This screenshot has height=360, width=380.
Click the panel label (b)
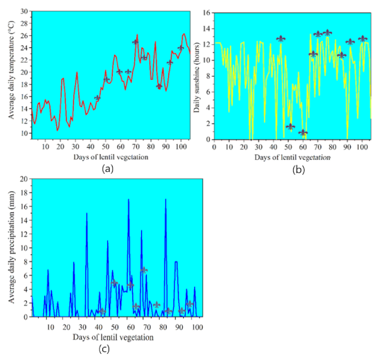(x=298, y=169)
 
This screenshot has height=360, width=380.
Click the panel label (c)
(x=104, y=349)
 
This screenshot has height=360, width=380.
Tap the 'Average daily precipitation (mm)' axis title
(x=12, y=248)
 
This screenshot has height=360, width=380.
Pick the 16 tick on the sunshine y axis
(x=207, y=12)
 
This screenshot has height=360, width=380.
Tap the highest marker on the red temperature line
(x=135, y=42)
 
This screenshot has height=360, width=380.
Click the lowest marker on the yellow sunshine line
(x=303, y=133)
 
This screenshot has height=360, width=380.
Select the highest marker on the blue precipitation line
(x=144, y=270)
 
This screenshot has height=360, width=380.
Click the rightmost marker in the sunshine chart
(x=363, y=39)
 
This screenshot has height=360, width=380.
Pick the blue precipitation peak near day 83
(x=166, y=200)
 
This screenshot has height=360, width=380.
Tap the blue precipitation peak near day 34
(x=87, y=213)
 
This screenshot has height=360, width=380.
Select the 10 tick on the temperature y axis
(x=26, y=133)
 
